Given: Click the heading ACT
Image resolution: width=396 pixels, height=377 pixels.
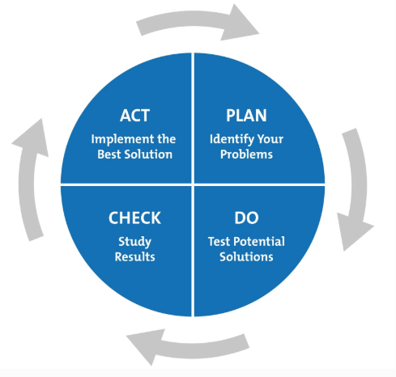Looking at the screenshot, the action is (134, 116).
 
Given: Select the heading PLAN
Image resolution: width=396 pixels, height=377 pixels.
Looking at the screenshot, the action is (246, 116).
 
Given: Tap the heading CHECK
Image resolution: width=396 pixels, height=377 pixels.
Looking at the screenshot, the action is (134, 218).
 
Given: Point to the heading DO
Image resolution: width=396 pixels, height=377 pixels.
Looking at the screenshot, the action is (246, 218).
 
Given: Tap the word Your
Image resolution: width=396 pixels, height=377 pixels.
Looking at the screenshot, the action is (270, 139).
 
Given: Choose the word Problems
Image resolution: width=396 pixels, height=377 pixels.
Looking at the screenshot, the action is (246, 155).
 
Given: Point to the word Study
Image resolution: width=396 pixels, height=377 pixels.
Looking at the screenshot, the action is (134, 242).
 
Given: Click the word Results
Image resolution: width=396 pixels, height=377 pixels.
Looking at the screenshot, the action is (134, 256).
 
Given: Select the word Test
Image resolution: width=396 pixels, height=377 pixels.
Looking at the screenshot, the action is (219, 242).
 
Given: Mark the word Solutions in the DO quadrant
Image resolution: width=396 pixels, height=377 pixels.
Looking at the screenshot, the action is (246, 256).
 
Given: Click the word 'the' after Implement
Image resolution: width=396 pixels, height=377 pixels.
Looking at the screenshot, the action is (167, 139).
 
